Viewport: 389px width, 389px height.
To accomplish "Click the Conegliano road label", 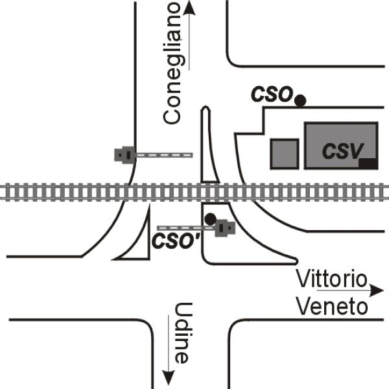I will click(172, 63).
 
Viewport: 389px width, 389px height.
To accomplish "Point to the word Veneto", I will click(332, 306).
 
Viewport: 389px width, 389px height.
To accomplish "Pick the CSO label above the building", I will click(272, 95).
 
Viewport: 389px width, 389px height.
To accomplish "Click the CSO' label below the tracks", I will click(175, 241).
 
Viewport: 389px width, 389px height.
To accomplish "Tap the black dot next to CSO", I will click(300, 100).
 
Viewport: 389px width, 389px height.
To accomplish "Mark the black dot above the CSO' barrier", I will click(209, 219).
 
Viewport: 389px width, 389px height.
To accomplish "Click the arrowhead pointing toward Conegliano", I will click(189, 8).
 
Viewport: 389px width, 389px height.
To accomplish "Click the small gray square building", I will click(285, 154).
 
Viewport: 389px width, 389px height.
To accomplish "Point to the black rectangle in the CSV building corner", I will click(368, 163).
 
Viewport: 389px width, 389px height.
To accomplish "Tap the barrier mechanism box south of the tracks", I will click(225, 228).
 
